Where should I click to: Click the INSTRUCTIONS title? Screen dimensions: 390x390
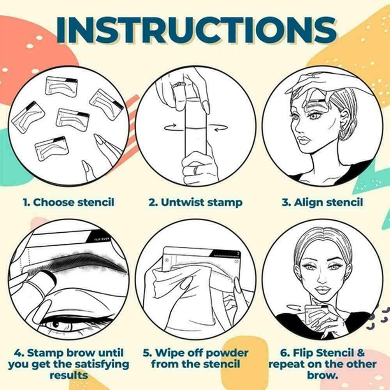point(196,30)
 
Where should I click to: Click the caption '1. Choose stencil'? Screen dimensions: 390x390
point(69,202)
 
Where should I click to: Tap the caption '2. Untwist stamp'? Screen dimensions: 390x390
point(195,202)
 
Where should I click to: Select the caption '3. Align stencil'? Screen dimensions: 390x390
point(322,202)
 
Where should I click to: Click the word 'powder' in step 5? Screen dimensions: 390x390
point(227,353)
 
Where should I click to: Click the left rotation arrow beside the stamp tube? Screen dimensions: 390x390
point(170,127)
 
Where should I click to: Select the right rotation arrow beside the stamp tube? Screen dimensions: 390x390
point(220,128)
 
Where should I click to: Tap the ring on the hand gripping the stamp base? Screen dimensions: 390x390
point(197,170)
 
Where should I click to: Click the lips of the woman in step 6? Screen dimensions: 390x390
point(322,290)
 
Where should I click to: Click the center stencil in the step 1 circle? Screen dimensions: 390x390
point(72,119)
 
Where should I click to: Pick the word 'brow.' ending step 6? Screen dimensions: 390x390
point(322,375)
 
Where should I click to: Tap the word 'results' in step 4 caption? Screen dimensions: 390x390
point(69,375)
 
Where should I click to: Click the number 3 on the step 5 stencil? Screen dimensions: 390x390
point(238,253)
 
